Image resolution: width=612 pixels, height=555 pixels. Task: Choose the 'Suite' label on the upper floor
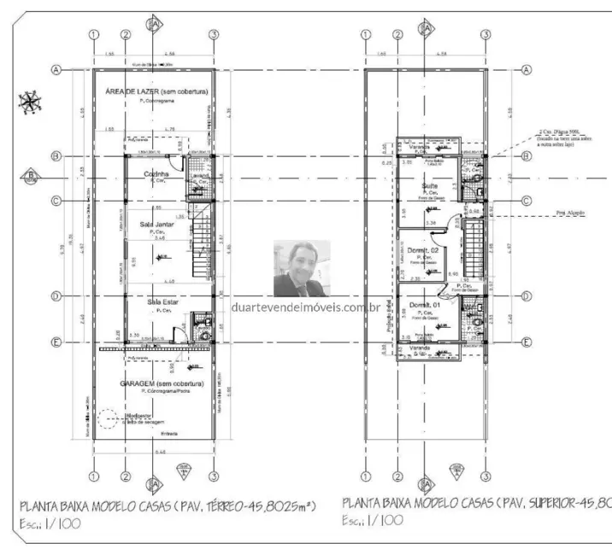(x=430, y=185)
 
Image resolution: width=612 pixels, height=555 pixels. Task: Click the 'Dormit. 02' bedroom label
(x=425, y=249)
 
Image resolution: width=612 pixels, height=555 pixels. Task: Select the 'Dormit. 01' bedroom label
(x=425, y=305)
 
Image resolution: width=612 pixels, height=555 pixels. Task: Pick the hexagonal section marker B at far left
(x=31, y=177)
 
